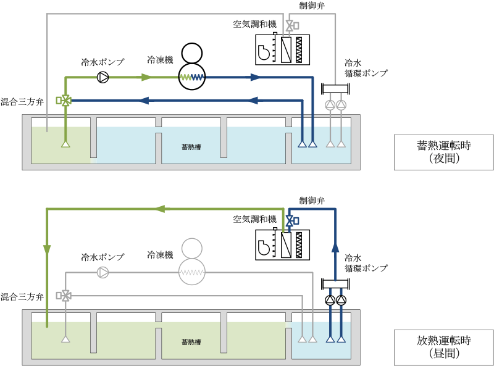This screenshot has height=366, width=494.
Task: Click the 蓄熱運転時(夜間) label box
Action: tap(444, 152)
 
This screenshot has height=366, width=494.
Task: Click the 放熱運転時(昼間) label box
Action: tap(444, 347)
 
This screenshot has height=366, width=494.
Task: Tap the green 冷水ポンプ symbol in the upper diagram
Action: tap(103, 77)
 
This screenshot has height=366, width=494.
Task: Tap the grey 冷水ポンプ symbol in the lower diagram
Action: tap(103, 272)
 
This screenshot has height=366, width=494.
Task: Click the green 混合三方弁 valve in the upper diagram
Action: tap(65, 99)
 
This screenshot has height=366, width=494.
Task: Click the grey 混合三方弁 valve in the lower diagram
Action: tap(65, 295)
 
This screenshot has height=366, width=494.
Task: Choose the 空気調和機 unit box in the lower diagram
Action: tap(283, 244)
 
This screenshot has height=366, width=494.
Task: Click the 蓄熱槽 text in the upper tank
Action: tap(191, 147)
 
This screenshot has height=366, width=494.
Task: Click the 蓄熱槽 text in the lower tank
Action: tap(191, 342)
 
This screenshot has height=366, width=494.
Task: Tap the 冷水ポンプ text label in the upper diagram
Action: tap(103, 62)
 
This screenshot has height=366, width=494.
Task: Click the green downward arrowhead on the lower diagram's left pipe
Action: tap(47, 249)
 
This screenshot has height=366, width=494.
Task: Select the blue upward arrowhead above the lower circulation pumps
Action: tap(335, 247)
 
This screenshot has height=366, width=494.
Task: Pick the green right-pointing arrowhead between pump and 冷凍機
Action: tap(146, 77)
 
